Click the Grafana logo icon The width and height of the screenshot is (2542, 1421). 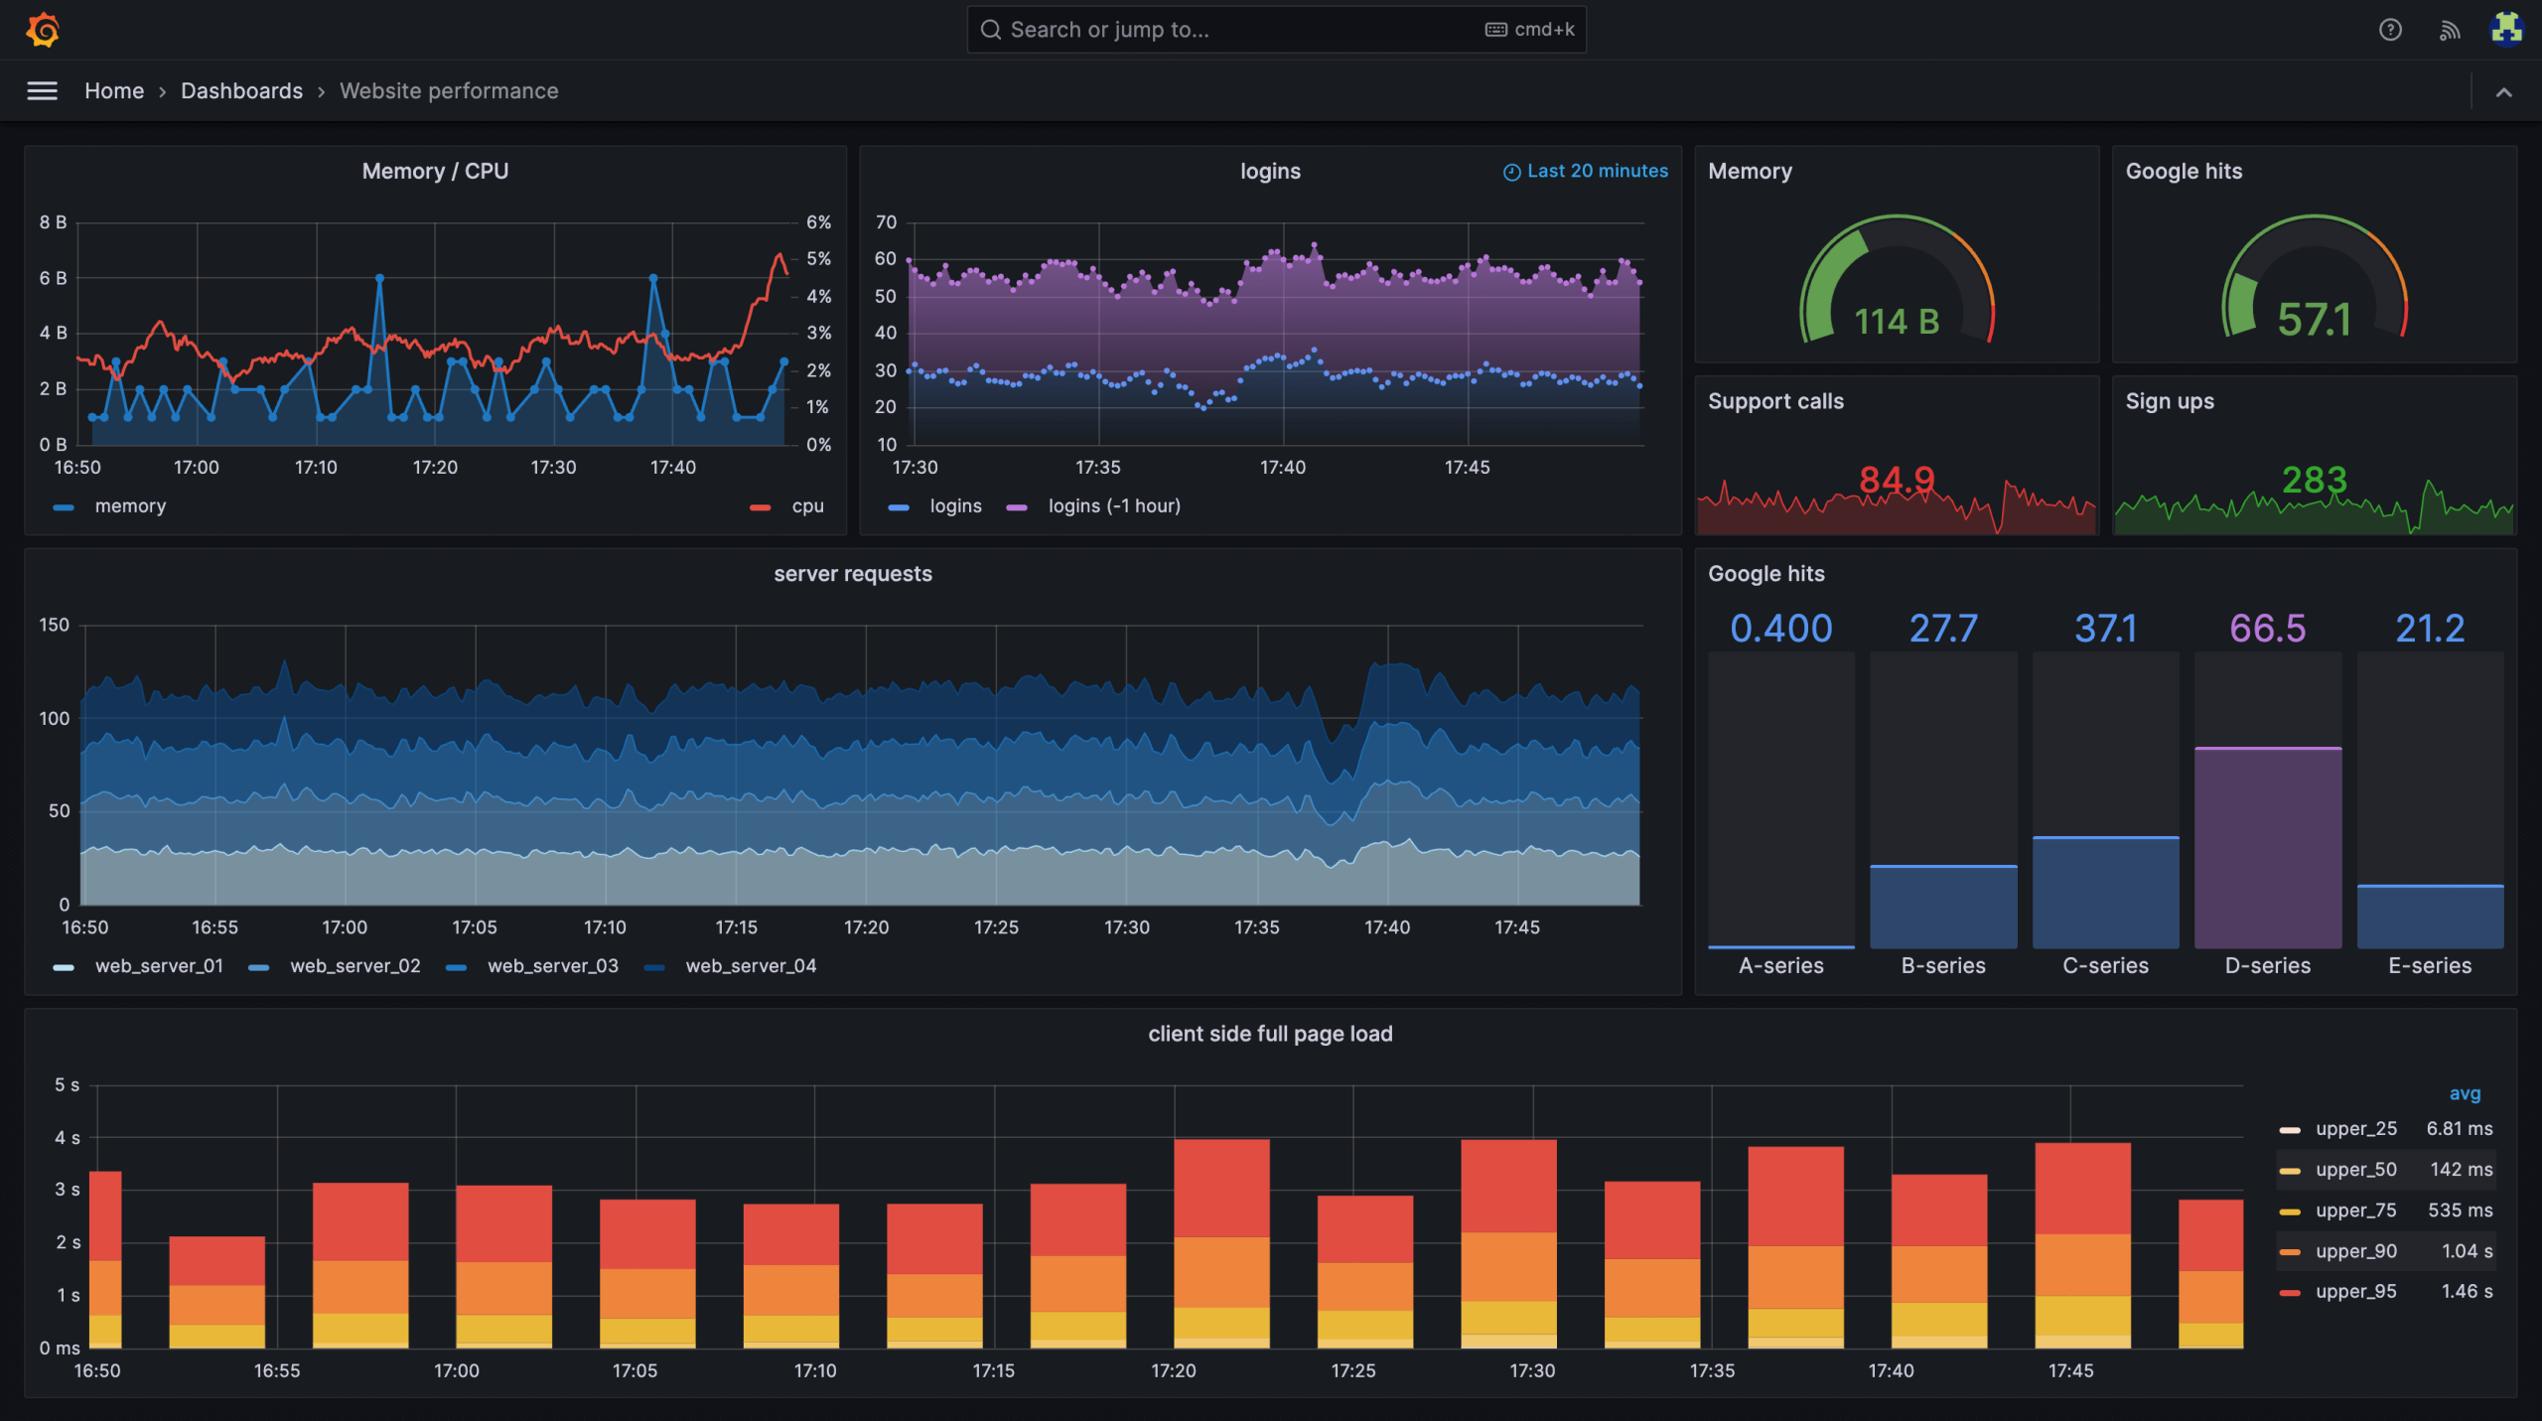click(43, 30)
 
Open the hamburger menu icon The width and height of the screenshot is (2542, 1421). click(42, 91)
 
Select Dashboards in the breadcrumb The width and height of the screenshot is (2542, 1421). click(241, 91)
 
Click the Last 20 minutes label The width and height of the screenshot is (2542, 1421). click(1596, 171)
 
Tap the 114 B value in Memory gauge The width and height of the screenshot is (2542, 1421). click(1897, 322)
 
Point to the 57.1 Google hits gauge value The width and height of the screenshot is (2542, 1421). click(2314, 320)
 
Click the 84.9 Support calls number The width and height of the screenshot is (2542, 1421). click(1897, 481)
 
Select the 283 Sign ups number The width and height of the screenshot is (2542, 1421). click(2314, 481)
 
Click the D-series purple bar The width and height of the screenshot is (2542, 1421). click(2267, 849)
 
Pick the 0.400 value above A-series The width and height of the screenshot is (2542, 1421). click(1780, 629)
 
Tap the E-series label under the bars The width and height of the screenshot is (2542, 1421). click(2429, 965)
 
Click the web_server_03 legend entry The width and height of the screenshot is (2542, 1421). click(552, 966)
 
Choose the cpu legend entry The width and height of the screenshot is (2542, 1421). click(807, 506)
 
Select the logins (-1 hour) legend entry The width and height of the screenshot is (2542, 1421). click(1113, 506)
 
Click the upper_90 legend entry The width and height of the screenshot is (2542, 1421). click(2355, 1251)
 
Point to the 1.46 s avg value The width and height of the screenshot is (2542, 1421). click(2467, 1292)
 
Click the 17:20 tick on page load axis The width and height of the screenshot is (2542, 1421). click(1173, 1370)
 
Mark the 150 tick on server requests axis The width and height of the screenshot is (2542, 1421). click(54, 625)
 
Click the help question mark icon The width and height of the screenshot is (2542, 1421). click(2390, 30)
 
